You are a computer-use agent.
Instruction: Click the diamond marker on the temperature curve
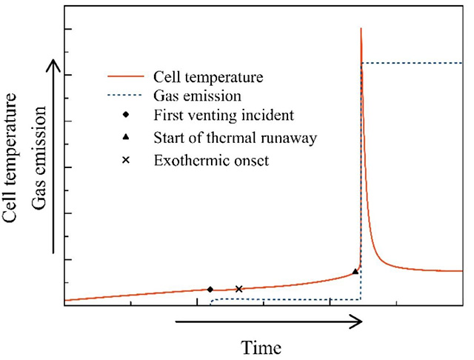[210, 290]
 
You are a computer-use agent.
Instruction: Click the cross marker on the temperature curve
[238, 289]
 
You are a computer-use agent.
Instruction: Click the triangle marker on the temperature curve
[355, 272]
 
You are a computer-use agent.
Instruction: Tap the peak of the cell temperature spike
[361, 28]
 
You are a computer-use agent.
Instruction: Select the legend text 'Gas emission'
[198, 96]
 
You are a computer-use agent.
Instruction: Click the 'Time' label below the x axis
[261, 346]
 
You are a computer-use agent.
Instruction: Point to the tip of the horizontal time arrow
[361, 321]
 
